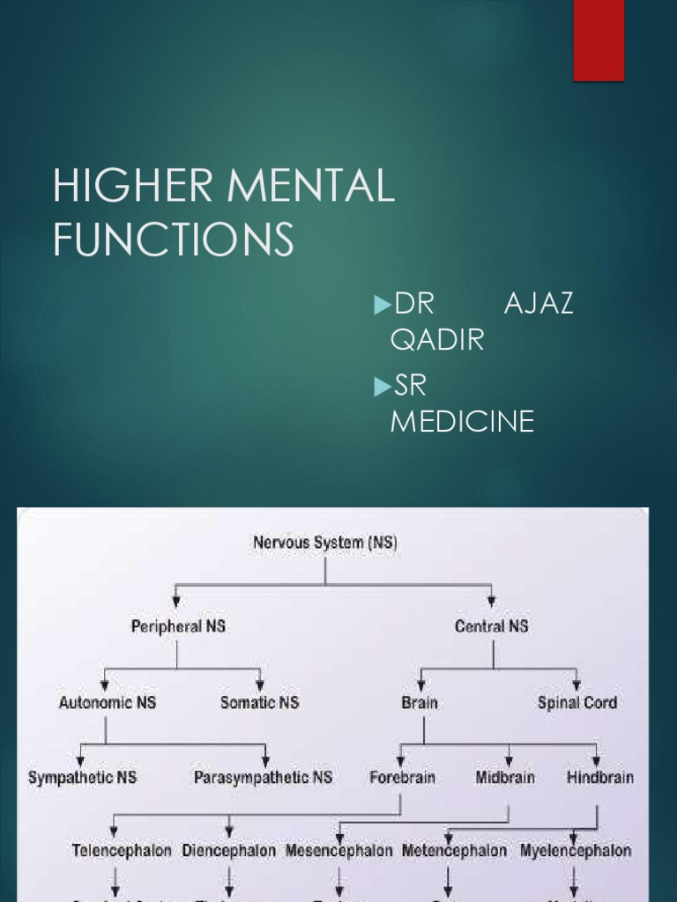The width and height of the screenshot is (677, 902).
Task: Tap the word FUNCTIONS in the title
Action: pyautogui.click(x=173, y=240)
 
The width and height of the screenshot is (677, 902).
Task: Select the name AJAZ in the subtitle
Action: pyautogui.click(x=539, y=304)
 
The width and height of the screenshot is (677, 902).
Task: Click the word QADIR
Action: pyautogui.click(x=437, y=339)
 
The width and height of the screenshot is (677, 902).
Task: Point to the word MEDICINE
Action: pyautogui.click(x=462, y=421)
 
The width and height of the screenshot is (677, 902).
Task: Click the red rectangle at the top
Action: pyautogui.click(x=599, y=40)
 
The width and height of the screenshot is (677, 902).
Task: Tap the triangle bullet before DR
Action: pyautogui.click(x=382, y=305)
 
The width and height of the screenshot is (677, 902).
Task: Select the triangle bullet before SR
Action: pyautogui.click(x=382, y=387)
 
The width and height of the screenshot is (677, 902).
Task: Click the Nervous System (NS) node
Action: pyautogui.click(x=325, y=543)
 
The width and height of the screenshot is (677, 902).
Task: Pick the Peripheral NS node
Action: pyautogui.click(x=178, y=626)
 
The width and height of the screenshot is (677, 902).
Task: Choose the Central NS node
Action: pyautogui.click(x=493, y=626)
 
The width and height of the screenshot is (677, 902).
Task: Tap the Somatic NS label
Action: pyautogui.click(x=259, y=702)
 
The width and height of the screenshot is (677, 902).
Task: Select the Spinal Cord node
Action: pyautogui.click(x=577, y=702)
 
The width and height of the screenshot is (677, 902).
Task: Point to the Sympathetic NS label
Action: pyautogui.click(x=84, y=778)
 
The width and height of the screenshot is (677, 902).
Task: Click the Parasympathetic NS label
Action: pyautogui.click(x=264, y=778)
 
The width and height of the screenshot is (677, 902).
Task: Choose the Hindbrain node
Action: pyautogui.click(x=599, y=778)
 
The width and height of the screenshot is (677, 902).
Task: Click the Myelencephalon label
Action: pyautogui.click(x=576, y=851)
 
